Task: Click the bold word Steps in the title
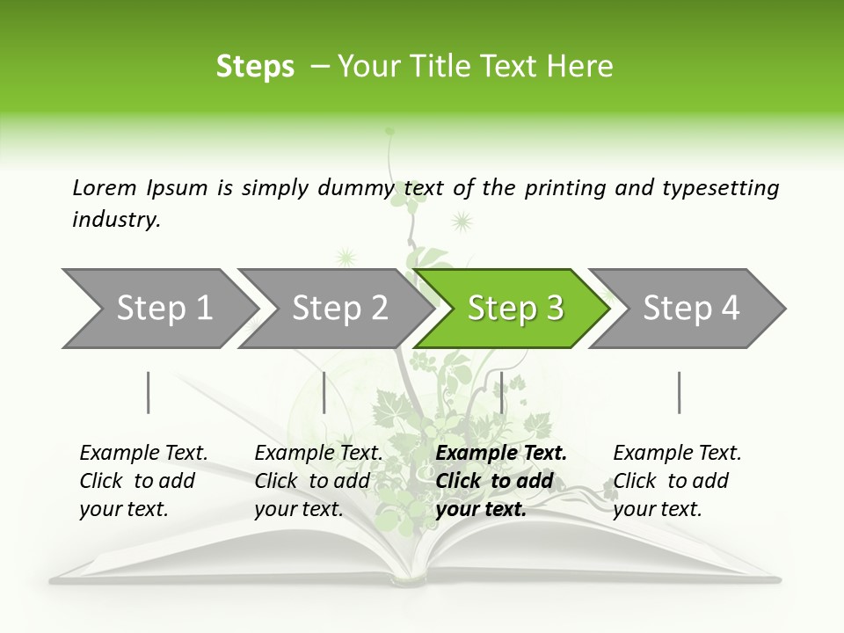(x=255, y=67)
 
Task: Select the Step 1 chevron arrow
(x=158, y=309)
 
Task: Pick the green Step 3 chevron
(x=512, y=309)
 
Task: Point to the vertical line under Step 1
(x=149, y=392)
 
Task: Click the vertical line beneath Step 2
(x=324, y=392)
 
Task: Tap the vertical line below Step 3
(x=501, y=392)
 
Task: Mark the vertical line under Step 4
(x=679, y=392)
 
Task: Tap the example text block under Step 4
(x=677, y=481)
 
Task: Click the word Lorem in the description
(x=105, y=187)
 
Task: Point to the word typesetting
(x=720, y=188)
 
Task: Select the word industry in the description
(x=116, y=220)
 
